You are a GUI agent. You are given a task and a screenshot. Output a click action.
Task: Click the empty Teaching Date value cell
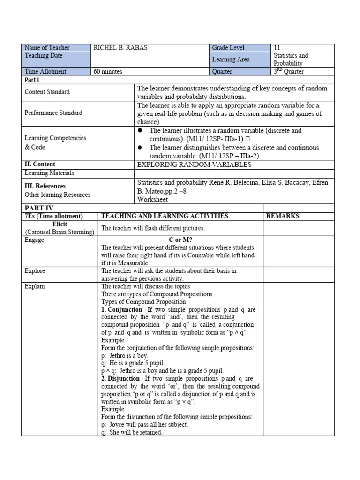(x=150, y=60)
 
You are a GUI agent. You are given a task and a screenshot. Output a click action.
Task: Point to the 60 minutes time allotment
(x=108, y=72)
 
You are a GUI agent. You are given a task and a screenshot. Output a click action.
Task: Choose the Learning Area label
(x=231, y=60)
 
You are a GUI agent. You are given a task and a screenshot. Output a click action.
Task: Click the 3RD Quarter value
(x=289, y=72)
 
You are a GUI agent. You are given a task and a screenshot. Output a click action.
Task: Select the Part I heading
(x=31, y=80)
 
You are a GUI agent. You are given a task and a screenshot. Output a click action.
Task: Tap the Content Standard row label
(x=47, y=92)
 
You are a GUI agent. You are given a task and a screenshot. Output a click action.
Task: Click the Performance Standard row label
(x=53, y=112)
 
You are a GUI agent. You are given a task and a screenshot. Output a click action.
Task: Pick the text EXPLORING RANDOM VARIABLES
(x=194, y=165)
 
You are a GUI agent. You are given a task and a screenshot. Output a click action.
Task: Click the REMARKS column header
(x=283, y=216)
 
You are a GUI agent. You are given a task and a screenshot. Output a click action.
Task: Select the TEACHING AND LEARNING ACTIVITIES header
(x=165, y=216)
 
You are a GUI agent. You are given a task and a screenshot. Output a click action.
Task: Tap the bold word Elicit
(x=60, y=225)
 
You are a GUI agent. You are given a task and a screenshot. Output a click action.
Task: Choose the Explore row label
(x=35, y=270)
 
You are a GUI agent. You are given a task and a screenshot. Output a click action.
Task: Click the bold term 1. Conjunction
(x=121, y=310)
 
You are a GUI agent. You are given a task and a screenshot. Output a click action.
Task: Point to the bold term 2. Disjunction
(x=120, y=378)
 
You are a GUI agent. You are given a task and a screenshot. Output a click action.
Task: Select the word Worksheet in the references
(x=152, y=199)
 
